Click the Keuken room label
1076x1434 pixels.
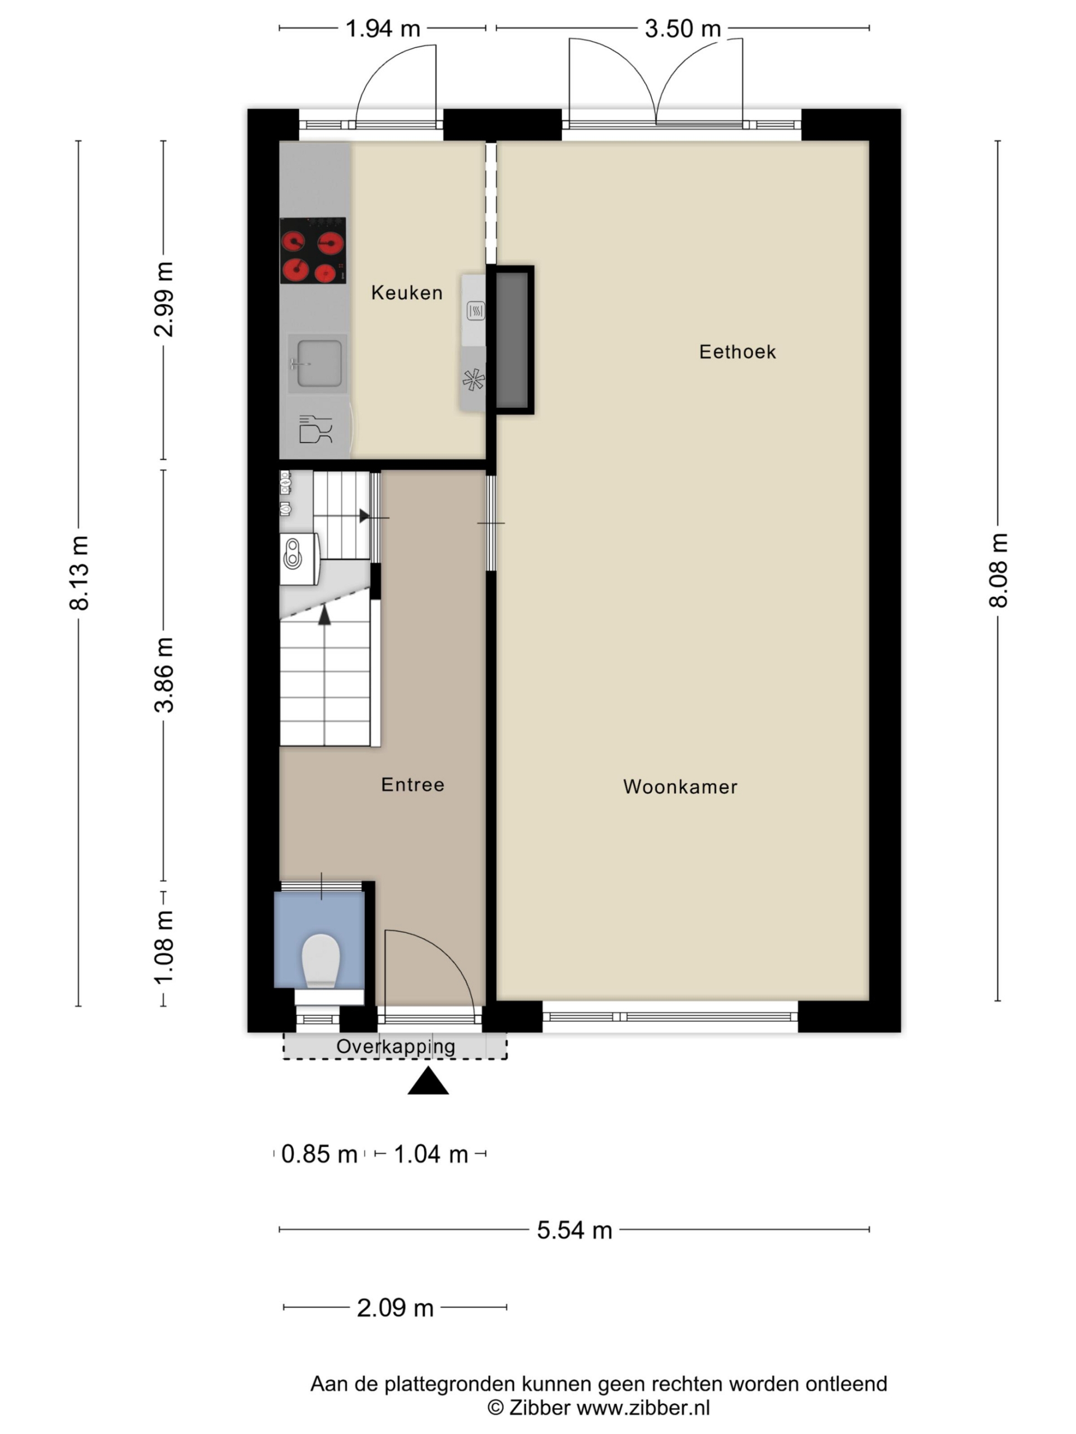[x=407, y=293]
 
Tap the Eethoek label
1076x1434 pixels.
[x=738, y=352]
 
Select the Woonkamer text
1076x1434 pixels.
[x=680, y=787]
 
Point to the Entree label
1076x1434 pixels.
[x=412, y=785]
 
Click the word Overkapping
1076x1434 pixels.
[x=396, y=1046]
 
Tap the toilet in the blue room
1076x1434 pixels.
[x=321, y=961]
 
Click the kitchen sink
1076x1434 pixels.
[x=318, y=363]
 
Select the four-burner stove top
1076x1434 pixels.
[x=313, y=250]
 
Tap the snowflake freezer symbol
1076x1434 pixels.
[x=474, y=380]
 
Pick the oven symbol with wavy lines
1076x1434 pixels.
[x=475, y=311]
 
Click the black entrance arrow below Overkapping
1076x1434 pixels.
[x=428, y=1081]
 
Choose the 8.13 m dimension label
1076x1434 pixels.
[x=79, y=573]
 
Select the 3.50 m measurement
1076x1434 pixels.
[x=683, y=29]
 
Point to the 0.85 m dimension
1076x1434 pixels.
[x=319, y=1154]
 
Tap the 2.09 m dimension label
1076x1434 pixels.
[x=395, y=1308]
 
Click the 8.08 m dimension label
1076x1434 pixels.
[x=999, y=570]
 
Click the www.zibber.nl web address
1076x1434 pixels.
[x=643, y=1408]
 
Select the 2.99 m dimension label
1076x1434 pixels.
[x=164, y=300]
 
